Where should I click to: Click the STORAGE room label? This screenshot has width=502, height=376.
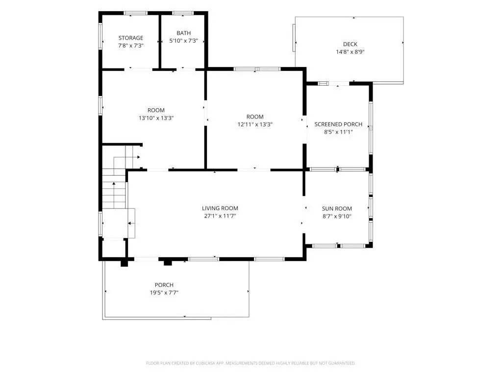(130, 38)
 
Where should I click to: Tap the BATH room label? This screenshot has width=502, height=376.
(183, 33)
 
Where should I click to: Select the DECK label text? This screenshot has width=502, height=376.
(350, 44)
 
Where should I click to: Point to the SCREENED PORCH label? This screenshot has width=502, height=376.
(338, 124)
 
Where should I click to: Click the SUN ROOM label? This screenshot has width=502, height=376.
(337, 209)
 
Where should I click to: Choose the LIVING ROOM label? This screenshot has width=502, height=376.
(220, 208)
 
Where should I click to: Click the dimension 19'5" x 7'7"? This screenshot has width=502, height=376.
(164, 293)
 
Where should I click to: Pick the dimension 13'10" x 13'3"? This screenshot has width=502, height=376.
(156, 118)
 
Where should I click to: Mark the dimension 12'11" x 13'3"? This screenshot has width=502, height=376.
(255, 124)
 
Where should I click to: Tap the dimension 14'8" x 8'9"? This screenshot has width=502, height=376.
(350, 52)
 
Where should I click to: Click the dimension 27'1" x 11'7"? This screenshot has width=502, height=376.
(220, 216)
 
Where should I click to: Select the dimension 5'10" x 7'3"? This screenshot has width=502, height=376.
(183, 41)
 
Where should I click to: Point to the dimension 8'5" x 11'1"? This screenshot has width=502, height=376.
(338, 132)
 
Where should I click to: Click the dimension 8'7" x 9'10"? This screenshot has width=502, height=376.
(337, 216)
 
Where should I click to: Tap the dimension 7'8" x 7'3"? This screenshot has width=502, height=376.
(130, 46)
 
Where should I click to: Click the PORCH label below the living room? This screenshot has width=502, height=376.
(164, 285)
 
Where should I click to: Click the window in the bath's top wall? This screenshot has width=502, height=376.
(183, 13)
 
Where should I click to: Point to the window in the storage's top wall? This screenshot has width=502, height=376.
(135, 13)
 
